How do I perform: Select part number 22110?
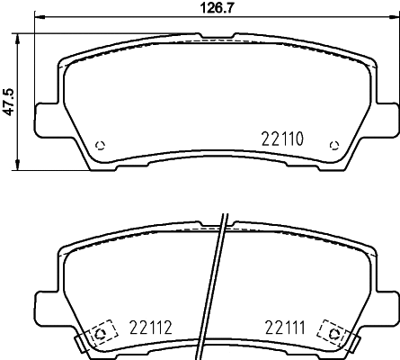[x=284, y=139]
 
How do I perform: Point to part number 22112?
[x=150, y=328]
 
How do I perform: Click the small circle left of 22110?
[x=100, y=147]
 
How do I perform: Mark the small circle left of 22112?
[x=100, y=332]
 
